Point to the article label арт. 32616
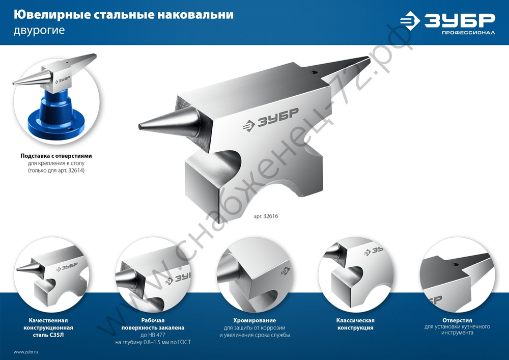pos(266,216)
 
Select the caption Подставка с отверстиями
pos(56,155)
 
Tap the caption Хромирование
pos(254,320)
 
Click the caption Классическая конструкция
pos(356,324)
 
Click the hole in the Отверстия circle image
pos(457,264)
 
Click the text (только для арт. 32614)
pos(56,171)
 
